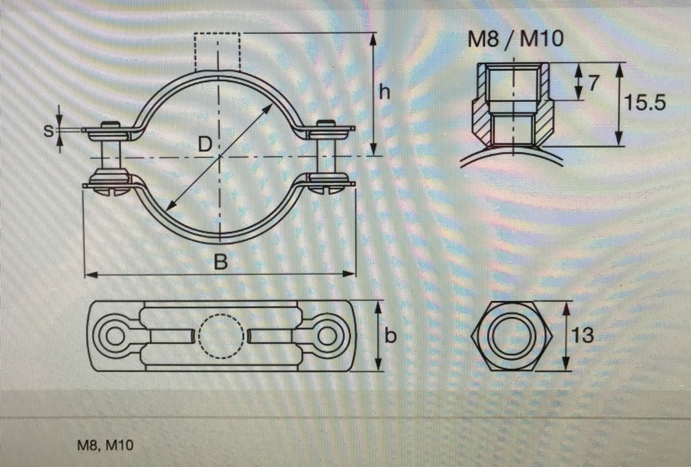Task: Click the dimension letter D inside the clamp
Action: pos(204,144)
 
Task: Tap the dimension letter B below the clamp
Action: pos(220,263)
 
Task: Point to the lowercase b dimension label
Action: pos(390,335)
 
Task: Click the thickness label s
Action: pos(50,131)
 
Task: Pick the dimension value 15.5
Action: pos(645,104)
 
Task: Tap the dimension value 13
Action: pos(583,335)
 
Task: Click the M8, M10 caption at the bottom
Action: pos(105,445)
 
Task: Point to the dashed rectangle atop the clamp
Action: pos(217,52)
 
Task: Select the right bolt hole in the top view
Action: pos(329,336)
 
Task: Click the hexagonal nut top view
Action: pos(512,336)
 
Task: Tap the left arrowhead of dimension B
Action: pos(90,274)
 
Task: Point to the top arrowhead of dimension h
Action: pos(373,39)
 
